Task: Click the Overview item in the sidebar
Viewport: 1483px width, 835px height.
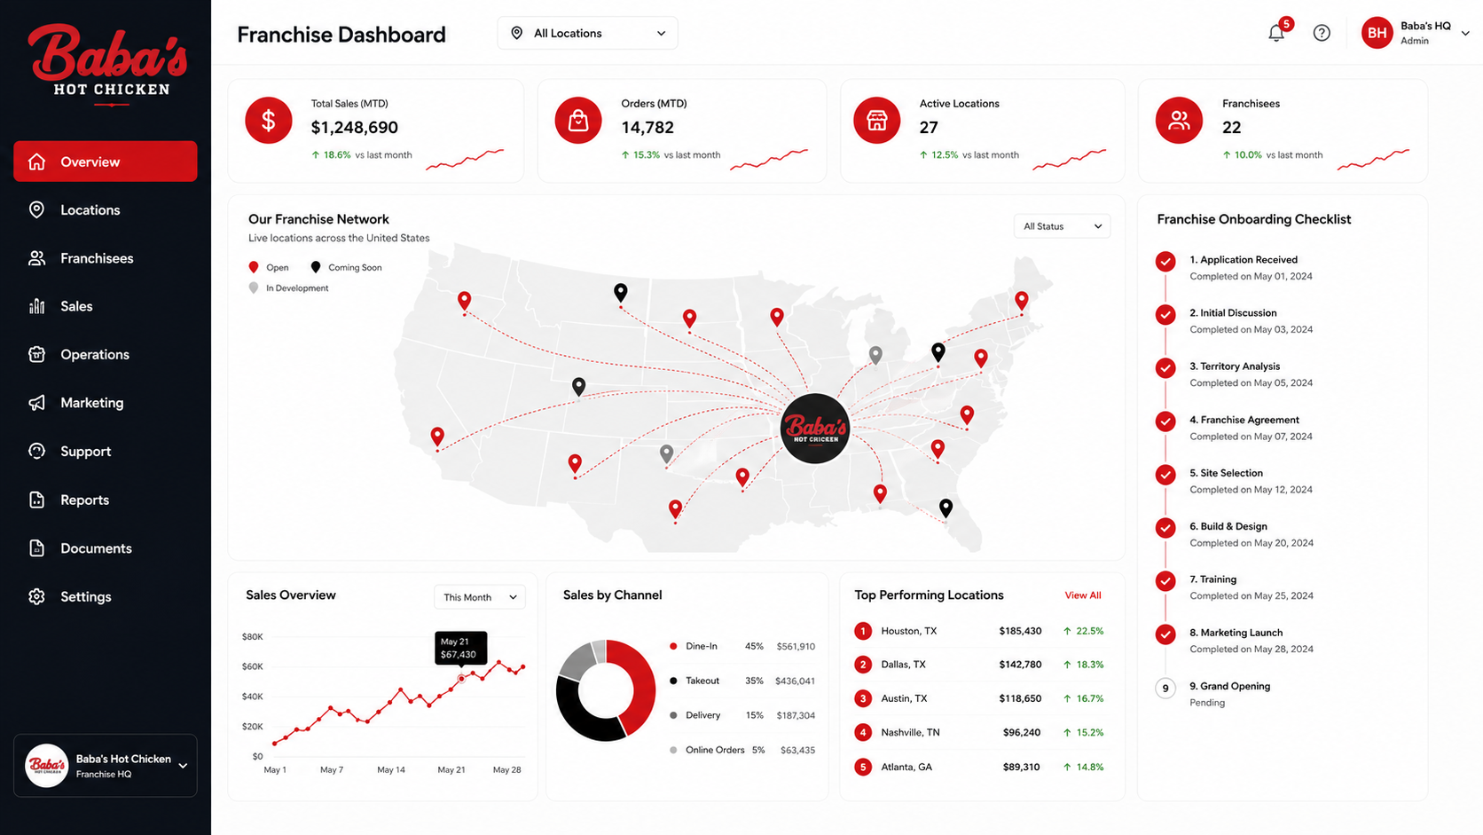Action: (x=106, y=161)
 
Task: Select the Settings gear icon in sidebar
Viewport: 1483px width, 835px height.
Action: (x=36, y=596)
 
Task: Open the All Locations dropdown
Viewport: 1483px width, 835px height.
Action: (x=587, y=33)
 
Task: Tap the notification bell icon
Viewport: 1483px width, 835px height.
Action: (x=1276, y=33)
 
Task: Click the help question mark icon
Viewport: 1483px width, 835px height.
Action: (x=1322, y=33)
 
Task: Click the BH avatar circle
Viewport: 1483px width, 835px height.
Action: (x=1377, y=33)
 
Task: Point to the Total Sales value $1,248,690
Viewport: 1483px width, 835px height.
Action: (x=354, y=127)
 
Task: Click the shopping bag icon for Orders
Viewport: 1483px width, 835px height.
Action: (x=578, y=121)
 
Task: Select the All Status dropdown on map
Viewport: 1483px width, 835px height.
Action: (x=1062, y=226)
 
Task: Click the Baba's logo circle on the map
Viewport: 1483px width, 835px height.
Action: (x=814, y=429)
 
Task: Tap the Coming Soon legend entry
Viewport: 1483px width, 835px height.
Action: (x=346, y=267)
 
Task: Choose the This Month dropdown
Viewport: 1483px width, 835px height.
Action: (x=479, y=597)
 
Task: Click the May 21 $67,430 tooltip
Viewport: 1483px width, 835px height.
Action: (x=461, y=648)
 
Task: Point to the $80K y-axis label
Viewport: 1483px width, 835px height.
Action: (x=252, y=637)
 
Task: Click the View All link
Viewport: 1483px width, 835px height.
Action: (x=1082, y=595)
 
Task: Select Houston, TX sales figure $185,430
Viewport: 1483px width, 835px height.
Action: (x=1020, y=631)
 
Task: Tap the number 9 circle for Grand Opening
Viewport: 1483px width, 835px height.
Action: (x=1165, y=688)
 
